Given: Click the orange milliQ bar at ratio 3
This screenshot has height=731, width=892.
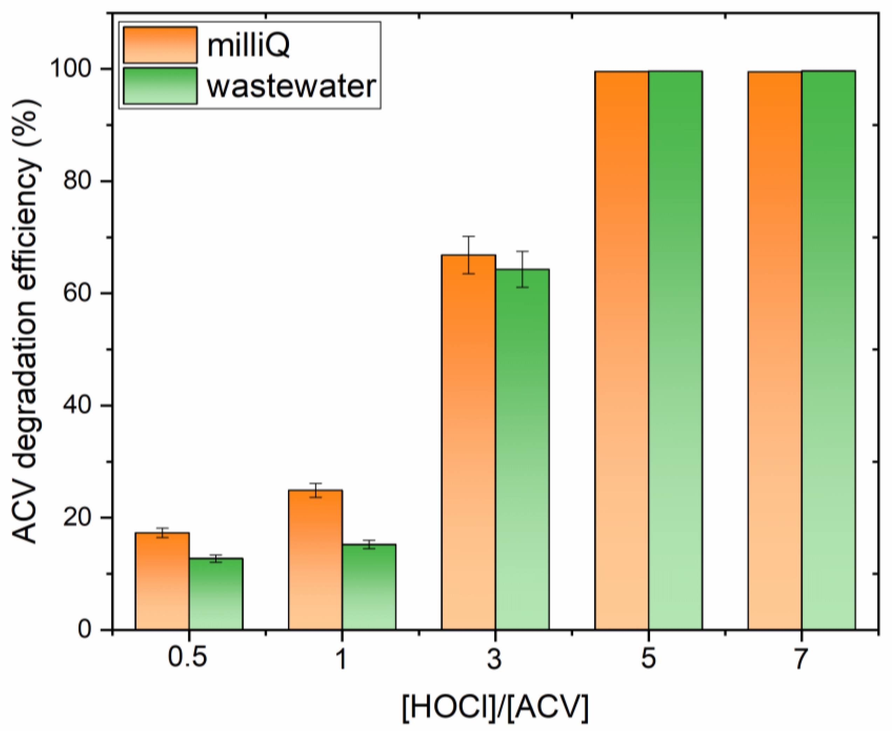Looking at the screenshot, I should coord(468,442).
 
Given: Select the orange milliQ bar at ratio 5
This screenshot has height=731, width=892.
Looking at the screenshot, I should coord(622,349).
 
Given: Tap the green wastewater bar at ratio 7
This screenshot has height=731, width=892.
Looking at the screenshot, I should coord(828,349).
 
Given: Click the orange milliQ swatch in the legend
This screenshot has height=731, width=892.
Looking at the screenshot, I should coord(160,45).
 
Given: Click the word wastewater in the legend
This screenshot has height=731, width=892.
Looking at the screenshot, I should coord(291,86).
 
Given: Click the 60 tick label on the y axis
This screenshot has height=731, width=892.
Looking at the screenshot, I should coord(77,293).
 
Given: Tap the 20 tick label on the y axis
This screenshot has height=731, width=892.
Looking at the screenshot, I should coord(77,518).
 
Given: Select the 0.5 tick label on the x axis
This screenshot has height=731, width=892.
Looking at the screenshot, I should coord(188,657).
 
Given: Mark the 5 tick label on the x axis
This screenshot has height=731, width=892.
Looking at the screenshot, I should coord(649,657).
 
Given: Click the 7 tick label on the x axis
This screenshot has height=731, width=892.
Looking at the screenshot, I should coord(801,657).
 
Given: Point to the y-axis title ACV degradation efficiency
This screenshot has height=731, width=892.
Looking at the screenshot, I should coord(25,322).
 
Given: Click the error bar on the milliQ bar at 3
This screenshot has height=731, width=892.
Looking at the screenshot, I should coord(468,255).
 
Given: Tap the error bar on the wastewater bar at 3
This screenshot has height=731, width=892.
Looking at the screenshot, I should coord(522,269).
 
